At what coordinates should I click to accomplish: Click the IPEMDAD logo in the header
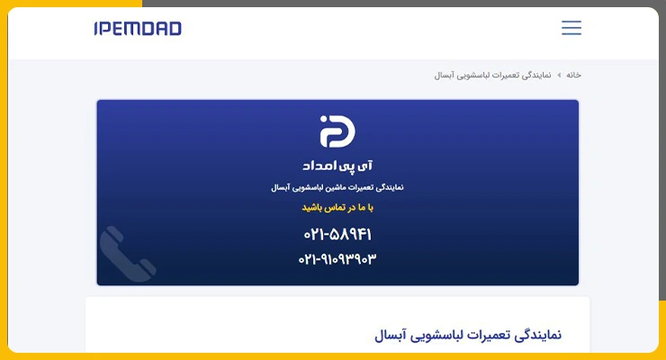[x=138, y=29]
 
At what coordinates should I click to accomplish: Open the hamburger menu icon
[x=571, y=28]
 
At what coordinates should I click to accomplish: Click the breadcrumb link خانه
[x=573, y=75]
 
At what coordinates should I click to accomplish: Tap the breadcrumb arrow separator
[x=559, y=75]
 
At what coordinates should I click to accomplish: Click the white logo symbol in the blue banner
[x=337, y=131]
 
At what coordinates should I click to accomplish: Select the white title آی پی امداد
[x=337, y=166]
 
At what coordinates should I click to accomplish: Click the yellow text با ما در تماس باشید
[x=337, y=208]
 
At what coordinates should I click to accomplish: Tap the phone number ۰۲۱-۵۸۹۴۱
[x=337, y=234]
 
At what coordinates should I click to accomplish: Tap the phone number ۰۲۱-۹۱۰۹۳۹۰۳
[x=337, y=258]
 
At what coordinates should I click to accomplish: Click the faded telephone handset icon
[x=127, y=255]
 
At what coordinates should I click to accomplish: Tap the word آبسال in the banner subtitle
[x=280, y=187]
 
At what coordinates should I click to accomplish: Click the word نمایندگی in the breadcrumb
[x=537, y=75]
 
